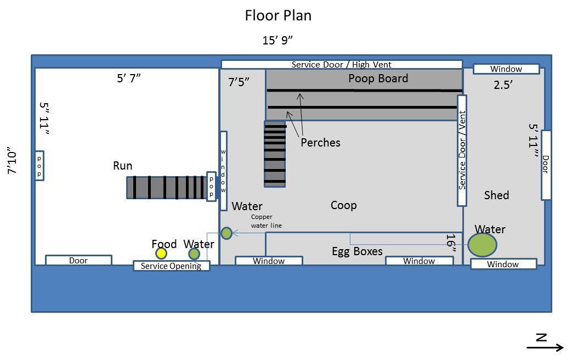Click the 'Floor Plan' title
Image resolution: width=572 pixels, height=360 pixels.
278,16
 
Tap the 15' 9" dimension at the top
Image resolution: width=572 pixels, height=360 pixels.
277,40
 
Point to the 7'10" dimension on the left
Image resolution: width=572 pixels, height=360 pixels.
12,161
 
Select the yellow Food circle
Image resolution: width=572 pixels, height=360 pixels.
161,253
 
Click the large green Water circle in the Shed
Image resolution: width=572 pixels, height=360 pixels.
482,245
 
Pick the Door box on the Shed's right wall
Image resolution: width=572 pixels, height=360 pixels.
546,165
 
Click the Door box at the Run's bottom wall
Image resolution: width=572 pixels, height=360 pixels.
78,260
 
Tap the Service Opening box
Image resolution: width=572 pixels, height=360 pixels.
171,266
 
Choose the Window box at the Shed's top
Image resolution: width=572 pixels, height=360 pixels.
506,69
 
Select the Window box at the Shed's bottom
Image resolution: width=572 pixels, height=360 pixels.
503,264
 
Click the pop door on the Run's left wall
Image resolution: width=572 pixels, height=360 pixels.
39,166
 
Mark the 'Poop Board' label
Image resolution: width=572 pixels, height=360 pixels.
378,78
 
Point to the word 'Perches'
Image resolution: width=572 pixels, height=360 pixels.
320,142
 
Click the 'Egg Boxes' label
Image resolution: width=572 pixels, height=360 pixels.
357,251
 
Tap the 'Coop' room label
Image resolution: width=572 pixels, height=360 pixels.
344,205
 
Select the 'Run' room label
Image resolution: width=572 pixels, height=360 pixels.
123,166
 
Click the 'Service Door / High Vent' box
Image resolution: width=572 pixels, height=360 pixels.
342,65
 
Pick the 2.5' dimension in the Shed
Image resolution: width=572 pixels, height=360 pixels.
503,85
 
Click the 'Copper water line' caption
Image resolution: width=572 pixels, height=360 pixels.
267,221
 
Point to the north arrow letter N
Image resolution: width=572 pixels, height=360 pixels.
541,337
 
